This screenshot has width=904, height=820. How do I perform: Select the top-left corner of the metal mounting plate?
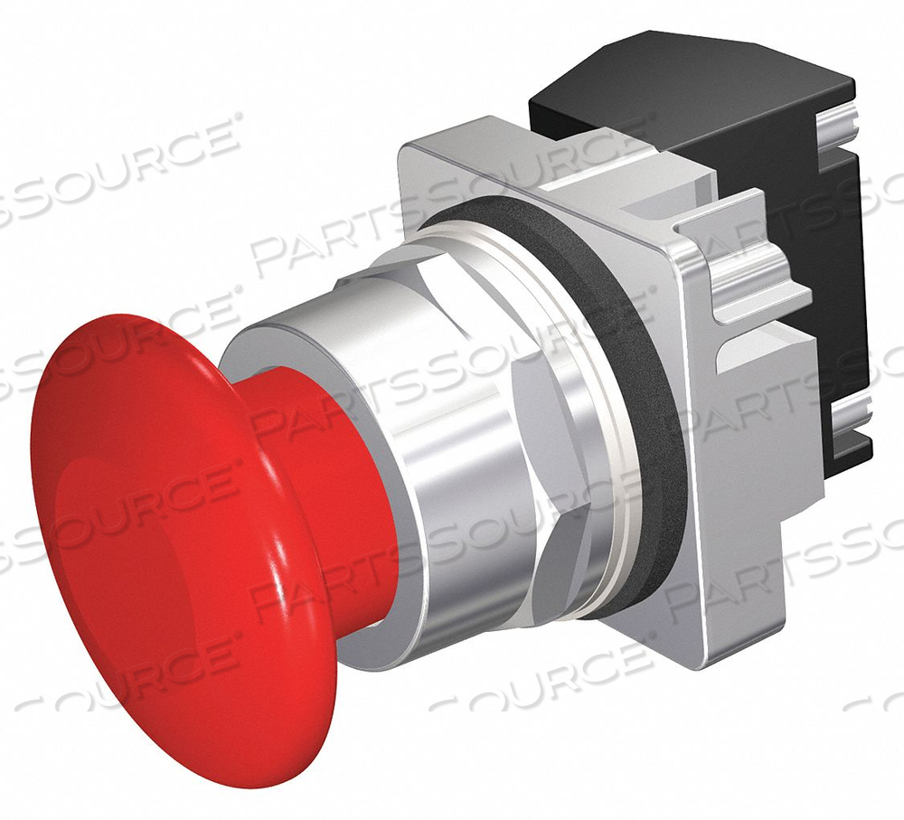coord(407,154)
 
